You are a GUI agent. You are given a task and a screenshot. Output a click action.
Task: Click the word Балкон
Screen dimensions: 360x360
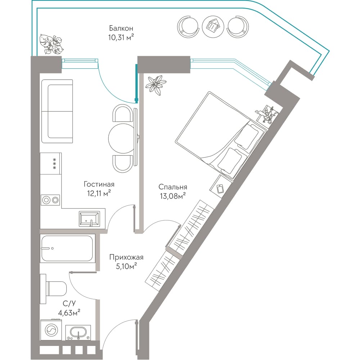click(121, 28)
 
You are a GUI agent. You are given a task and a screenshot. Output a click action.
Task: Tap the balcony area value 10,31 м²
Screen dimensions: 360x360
click(121, 37)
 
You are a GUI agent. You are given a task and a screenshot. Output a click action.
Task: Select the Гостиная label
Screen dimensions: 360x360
click(99, 184)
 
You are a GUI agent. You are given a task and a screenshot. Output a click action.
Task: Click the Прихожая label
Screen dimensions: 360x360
click(126, 257)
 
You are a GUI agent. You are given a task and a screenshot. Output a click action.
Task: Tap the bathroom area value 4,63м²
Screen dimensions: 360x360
click(69, 312)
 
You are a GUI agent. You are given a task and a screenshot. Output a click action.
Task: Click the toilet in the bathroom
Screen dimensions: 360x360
click(53, 289)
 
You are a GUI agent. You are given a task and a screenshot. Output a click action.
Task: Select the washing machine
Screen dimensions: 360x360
click(51, 330)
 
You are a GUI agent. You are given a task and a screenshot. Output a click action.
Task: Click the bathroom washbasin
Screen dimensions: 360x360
click(78, 333)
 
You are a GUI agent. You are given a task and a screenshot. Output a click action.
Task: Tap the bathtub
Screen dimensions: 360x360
click(67, 248)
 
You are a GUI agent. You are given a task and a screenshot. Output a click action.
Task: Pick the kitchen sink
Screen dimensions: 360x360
click(89, 219)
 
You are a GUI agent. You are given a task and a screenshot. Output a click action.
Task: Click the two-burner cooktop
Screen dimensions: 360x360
click(50, 200)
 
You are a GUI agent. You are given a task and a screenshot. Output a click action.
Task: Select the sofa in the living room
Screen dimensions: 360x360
click(57, 111)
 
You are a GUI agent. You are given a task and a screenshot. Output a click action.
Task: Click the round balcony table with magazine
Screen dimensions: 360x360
click(213, 26)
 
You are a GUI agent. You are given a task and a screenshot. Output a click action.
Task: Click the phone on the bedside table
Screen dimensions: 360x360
click(220, 189)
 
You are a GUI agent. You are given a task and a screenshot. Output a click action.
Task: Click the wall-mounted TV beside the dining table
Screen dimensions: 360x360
click(137, 137)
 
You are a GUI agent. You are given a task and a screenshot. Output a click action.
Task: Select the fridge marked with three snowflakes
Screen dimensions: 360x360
click(51, 163)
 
